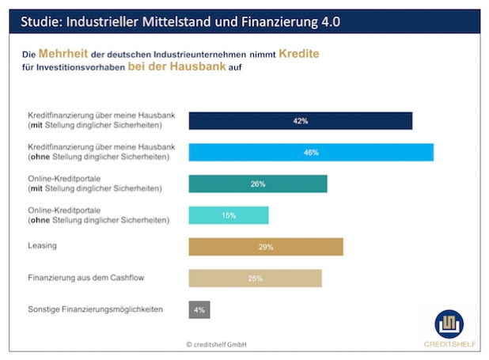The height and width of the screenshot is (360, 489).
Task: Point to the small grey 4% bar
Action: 199,309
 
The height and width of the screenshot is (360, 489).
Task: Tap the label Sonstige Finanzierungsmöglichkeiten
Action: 95,309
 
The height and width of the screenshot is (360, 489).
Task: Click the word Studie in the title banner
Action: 38,21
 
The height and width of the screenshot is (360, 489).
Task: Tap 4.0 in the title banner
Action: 329,21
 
